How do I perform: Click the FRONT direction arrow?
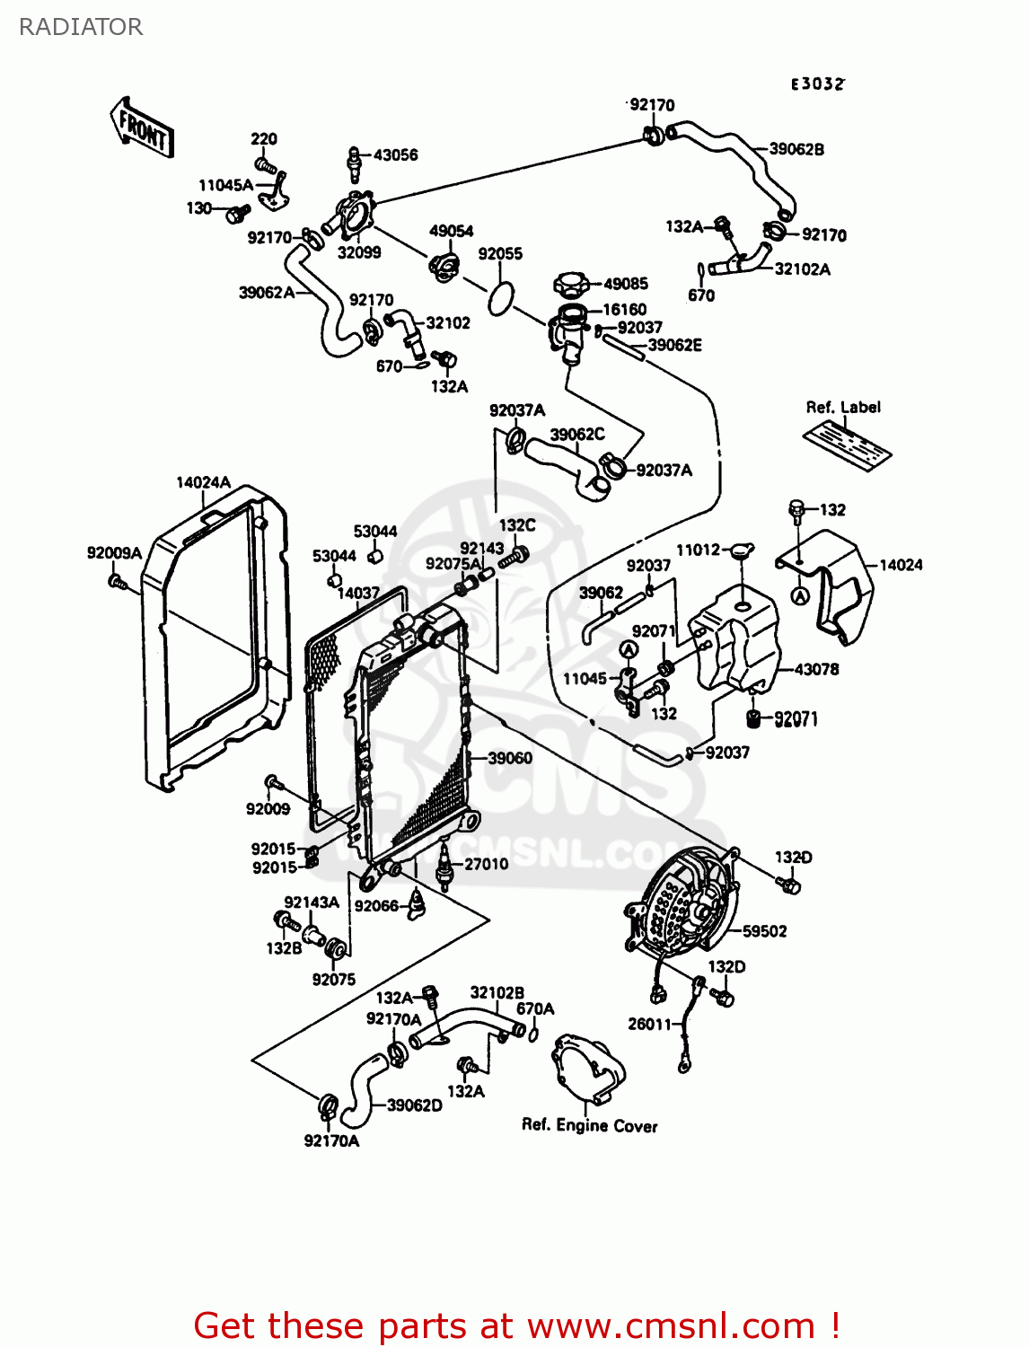(x=142, y=128)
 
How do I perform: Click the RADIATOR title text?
(x=81, y=27)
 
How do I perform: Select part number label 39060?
(x=509, y=759)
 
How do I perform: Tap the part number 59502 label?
(x=764, y=932)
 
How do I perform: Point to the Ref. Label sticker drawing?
(x=847, y=443)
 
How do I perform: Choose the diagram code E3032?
(x=817, y=84)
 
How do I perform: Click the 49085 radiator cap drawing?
(x=571, y=286)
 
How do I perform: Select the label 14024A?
(x=203, y=483)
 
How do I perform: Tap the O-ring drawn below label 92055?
(x=501, y=298)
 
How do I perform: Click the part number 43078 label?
(x=816, y=670)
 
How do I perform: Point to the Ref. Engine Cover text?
(x=589, y=1126)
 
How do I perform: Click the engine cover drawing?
(x=588, y=1071)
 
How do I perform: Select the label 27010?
(x=486, y=864)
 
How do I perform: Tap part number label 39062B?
(x=796, y=150)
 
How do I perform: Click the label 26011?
(x=649, y=1024)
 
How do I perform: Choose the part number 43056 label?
(x=395, y=155)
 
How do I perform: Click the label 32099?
(x=359, y=253)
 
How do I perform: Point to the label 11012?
(x=698, y=550)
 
